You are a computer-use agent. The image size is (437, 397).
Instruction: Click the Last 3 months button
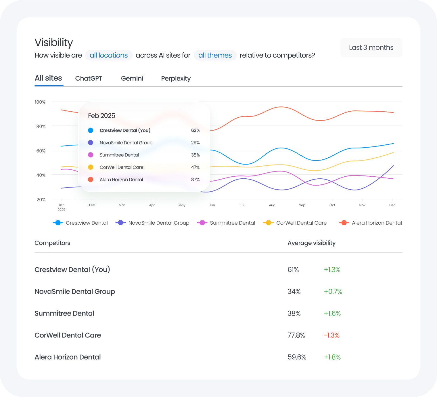tap(371, 47)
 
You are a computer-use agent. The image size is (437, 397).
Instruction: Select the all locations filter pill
tap(109, 55)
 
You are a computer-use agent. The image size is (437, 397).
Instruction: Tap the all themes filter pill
tap(215, 55)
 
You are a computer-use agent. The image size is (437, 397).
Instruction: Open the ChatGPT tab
tap(89, 79)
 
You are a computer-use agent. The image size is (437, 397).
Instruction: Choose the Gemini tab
tap(132, 79)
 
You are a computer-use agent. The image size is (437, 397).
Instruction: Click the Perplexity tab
tap(176, 79)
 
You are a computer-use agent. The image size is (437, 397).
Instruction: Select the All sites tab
tap(48, 78)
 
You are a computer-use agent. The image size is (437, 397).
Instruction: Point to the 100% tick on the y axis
tap(40, 102)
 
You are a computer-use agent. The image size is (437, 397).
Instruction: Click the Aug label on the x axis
tap(272, 205)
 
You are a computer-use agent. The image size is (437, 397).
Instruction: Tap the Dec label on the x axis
tap(392, 205)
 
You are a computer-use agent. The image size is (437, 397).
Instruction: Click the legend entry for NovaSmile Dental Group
tap(152, 223)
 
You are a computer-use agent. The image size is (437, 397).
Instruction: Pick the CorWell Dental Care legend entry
tap(295, 223)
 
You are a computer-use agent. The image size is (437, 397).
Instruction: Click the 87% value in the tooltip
tap(195, 180)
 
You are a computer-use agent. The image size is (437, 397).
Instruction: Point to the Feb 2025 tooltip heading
tap(101, 116)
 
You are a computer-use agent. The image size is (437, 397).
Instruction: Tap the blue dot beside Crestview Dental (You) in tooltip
tap(91, 130)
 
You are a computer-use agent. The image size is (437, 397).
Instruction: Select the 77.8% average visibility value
tap(296, 335)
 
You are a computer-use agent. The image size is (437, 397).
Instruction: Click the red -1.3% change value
tap(331, 335)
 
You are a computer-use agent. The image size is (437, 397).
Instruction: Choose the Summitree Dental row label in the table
tap(64, 313)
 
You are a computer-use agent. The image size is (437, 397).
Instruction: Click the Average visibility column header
tap(311, 243)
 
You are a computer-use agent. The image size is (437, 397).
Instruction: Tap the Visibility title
tap(54, 43)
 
